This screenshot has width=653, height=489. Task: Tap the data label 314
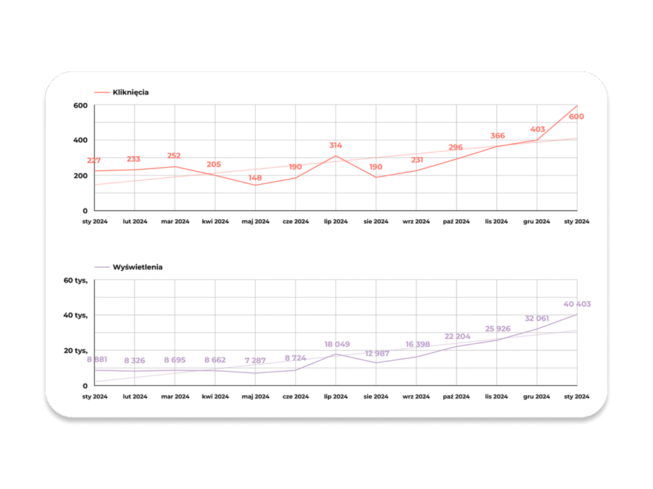[x=335, y=145]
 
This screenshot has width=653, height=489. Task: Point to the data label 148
[x=255, y=178]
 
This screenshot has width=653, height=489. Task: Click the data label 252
[x=174, y=156]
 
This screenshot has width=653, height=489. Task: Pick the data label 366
[x=497, y=136]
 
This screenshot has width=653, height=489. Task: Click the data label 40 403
[x=577, y=304]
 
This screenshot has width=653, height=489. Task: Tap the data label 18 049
[x=337, y=344]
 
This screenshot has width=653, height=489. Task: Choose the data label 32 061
[x=537, y=318]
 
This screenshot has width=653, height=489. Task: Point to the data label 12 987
[x=377, y=354]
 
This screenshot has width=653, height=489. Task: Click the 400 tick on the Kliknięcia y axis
[x=80, y=140]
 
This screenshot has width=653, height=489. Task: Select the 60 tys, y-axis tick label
[x=75, y=281]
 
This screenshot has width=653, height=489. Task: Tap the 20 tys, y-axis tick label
[x=75, y=351]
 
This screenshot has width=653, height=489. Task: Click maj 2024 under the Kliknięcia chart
[x=255, y=222]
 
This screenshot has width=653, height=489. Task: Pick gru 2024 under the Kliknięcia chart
[x=536, y=222]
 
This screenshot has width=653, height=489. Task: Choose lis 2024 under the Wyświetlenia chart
[x=496, y=397]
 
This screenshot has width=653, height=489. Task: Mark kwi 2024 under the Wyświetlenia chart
[x=215, y=397]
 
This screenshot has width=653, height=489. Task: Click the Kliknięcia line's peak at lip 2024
[x=336, y=156]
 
